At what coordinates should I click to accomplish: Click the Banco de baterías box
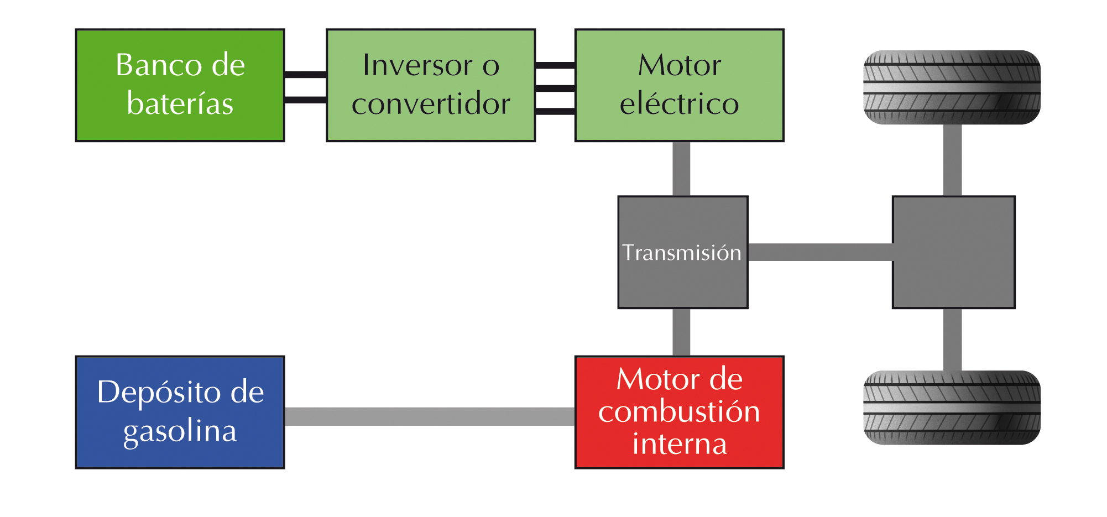pyautogui.click(x=180, y=85)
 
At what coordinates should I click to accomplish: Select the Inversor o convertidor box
pyautogui.click(x=431, y=85)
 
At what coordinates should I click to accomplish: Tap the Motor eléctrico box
pyautogui.click(x=679, y=85)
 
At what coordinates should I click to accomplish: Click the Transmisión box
pyautogui.click(x=682, y=252)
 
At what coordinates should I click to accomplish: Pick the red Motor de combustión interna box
pyautogui.click(x=679, y=412)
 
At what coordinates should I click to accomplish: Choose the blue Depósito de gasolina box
pyautogui.click(x=180, y=412)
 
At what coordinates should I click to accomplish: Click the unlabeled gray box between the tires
pyautogui.click(x=953, y=252)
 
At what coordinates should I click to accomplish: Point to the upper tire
pyautogui.click(x=952, y=87)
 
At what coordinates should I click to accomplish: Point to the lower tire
pyautogui.click(x=952, y=408)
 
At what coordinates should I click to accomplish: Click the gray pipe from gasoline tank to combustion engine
pyautogui.click(x=430, y=416)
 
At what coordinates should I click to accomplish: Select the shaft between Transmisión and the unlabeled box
pyautogui.click(x=820, y=252)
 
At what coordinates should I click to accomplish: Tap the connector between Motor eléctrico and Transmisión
pyautogui.click(x=681, y=169)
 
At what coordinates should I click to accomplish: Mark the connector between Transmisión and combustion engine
pyautogui.click(x=681, y=332)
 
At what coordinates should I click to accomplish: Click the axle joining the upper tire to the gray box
pyautogui.click(x=952, y=160)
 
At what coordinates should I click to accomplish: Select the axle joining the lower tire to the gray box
pyautogui.click(x=952, y=339)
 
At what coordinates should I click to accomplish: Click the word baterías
pyautogui.click(x=180, y=104)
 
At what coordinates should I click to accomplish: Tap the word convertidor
pyautogui.click(x=431, y=104)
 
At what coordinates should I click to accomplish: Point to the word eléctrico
pyautogui.click(x=679, y=104)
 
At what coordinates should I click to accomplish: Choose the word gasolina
pyautogui.click(x=180, y=431)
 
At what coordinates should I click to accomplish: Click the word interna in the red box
pyautogui.click(x=680, y=444)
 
